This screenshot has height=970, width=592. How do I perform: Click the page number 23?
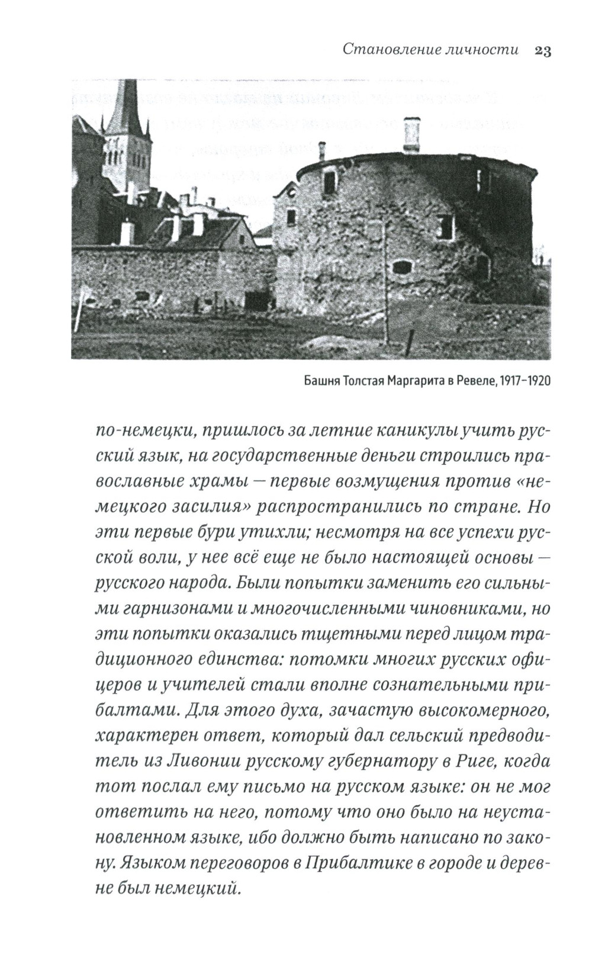pyautogui.click(x=543, y=51)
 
